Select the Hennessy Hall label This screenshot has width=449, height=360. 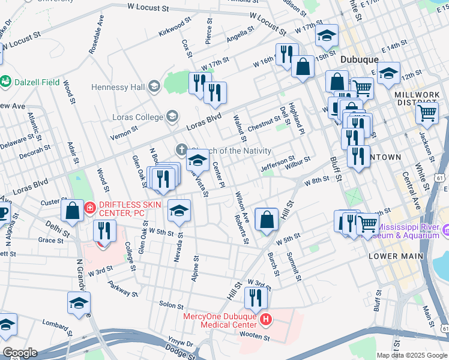tap(118, 87)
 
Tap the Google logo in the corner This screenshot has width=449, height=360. tap(20, 353)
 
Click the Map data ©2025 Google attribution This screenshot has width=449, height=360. tap(411, 355)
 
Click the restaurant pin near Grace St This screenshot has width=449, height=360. tap(106, 231)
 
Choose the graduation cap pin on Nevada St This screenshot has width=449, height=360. tap(179, 211)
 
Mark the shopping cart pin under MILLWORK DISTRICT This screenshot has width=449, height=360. tap(427, 112)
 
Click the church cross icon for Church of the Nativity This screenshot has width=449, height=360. tap(182, 149)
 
